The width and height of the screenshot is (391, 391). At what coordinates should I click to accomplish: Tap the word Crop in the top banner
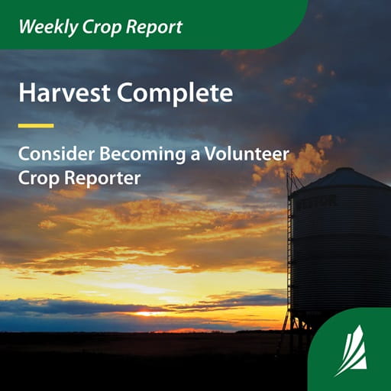(100, 27)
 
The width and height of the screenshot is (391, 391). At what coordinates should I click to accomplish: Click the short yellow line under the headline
(36, 125)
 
